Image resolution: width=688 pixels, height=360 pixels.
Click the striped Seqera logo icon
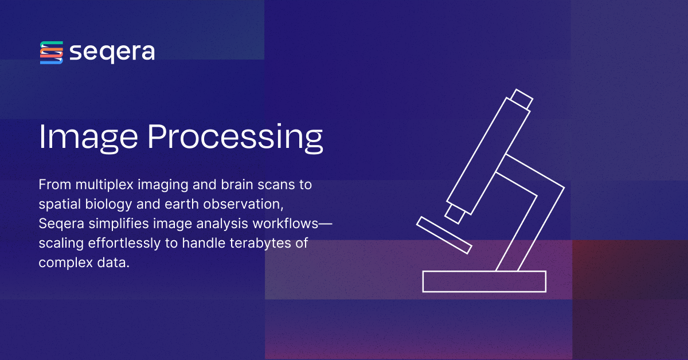(51, 52)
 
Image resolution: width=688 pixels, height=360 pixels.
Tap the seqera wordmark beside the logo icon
(112, 53)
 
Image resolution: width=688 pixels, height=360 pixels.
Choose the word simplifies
(107, 224)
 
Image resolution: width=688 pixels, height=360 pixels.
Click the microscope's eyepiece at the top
(522, 99)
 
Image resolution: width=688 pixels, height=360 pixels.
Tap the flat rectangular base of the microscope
(484, 281)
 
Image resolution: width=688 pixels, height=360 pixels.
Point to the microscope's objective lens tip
(455, 214)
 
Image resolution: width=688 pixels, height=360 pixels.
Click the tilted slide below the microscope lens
(444, 234)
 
